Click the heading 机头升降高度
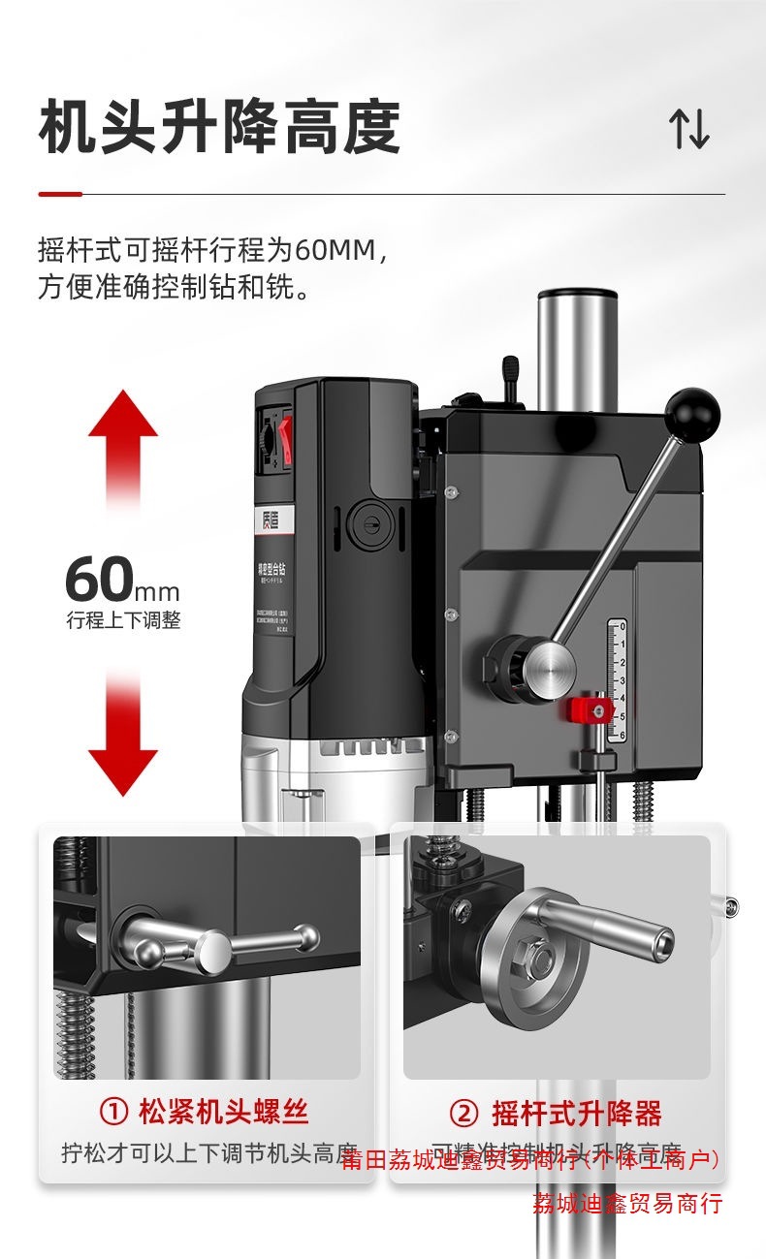pyautogui.click(x=219, y=128)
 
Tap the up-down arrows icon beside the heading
pyautogui.click(x=689, y=129)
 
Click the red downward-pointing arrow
pyautogui.click(x=123, y=737)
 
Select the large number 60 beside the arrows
pyautogui.click(x=99, y=580)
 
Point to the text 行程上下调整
pyautogui.click(x=123, y=621)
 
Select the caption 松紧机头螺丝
pyautogui.click(x=223, y=1112)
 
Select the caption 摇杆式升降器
pyautogui.click(x=576, y=1114)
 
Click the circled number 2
pyautogui.click(x=464, y=1114)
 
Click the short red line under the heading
pyautogui.click(x=59, y=195)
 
